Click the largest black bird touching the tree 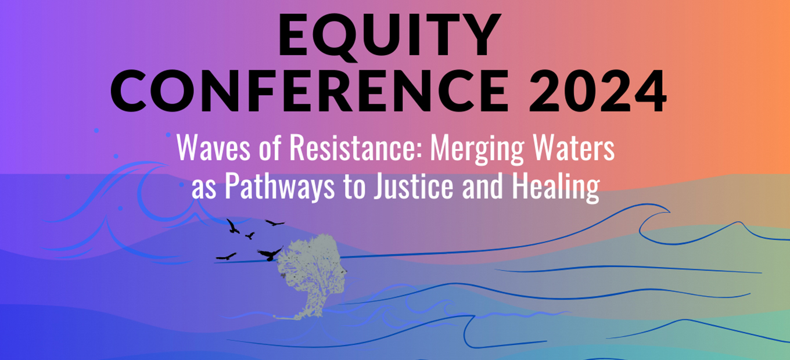point(270,253)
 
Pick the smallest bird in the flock point(250,236)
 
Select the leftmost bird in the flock point(226,256)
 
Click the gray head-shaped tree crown point(308,261)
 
